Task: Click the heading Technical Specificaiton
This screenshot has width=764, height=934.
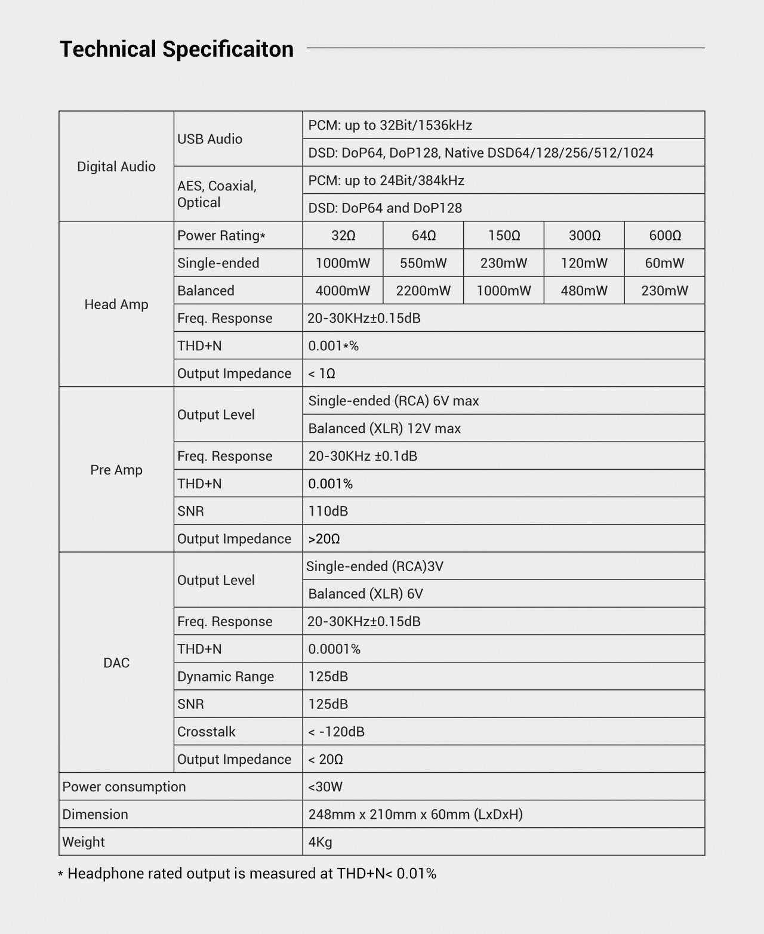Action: tap(177, 49)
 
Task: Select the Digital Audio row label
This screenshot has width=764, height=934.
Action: tap(116, 167)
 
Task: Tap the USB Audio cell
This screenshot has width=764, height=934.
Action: tap(210, 139)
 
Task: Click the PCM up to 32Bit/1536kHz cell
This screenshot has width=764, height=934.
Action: tap(390, 125)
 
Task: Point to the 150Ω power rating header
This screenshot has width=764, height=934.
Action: tap(504, 236)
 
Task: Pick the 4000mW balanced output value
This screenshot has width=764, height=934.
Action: tap(343, 291)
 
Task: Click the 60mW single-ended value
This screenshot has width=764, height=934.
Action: tap(664, 263)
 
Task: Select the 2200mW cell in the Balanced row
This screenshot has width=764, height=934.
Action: tap(423, 291)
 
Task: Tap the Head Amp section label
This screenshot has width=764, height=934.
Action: tap(116, 304)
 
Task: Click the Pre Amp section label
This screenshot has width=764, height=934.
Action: tap(116, 470)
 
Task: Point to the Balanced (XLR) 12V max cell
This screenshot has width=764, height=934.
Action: tap(384, 429)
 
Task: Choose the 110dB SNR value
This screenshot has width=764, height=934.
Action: tap(328, 511)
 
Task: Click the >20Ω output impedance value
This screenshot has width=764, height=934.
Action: tap(324, 539)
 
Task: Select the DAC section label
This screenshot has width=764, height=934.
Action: tap(116, 662)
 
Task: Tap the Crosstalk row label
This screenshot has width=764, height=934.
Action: tap(207, 732)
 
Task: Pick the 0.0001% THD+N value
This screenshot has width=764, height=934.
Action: tap(334, 649)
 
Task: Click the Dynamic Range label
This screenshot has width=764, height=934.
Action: tap(226, 677)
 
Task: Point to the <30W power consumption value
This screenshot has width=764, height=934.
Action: tap(325, 787)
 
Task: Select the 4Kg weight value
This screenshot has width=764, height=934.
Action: tap(320, 842)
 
